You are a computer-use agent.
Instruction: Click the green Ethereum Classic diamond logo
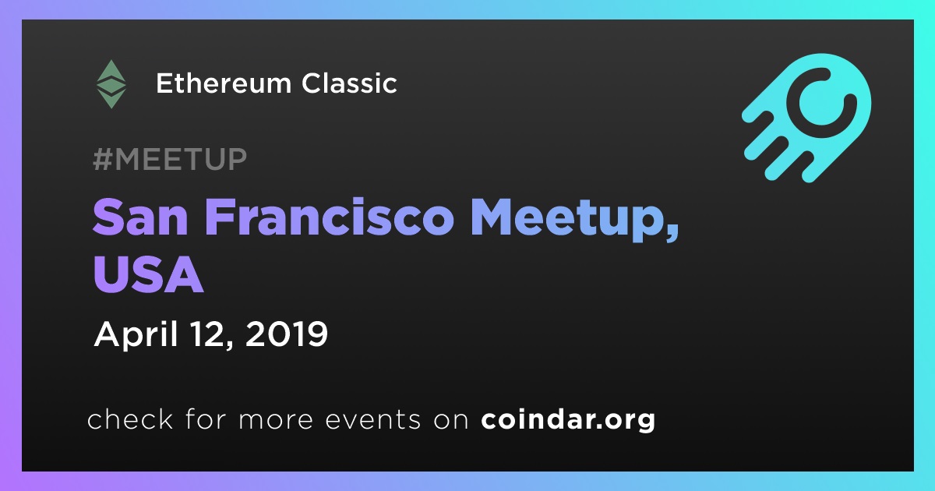pyautogui.click(x=111, y=84)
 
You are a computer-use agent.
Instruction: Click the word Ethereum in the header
pyautogui.click(x=224, y=83)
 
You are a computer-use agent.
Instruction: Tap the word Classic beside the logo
pyautogui.click(x=349, y=83)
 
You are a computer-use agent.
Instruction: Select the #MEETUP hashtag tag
pyautogui.click(x=170, y=159)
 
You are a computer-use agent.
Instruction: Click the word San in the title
pyautogui.click(x=140, y=217)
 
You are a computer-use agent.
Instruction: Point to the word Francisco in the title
pyautogui.click(x=330, y=217)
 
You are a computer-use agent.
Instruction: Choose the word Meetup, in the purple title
pyautogui.click(x=575, y=220)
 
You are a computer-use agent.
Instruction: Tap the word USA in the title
pyautogui.click(x=149, y=274)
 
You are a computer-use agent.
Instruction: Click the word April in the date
pyautogui.click(x=136, y=335)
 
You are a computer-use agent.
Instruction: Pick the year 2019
pyautogui.click(x=287, y=334)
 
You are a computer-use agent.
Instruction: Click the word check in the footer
pyautogui.click(x=130, y=419)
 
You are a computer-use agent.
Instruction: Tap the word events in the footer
pyautogui.click(x=372, y=420)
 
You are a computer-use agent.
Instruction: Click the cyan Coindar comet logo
pyautogui.click(x=806, y=118)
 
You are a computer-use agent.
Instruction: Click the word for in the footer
pyautogui.click(x=206, y=419)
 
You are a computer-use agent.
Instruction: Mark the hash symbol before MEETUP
pyautogui.click(x=103, y=159)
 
